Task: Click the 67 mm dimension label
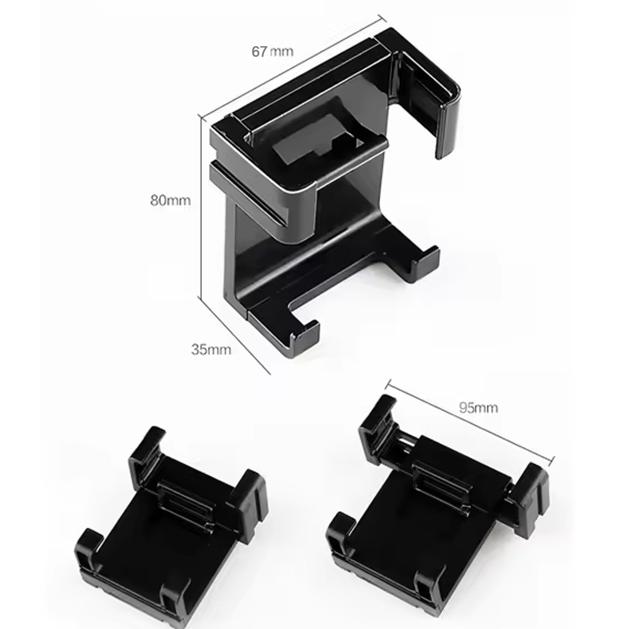tap(272, 51)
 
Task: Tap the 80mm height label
tap(170, 201)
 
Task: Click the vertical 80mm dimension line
tap(200, 205)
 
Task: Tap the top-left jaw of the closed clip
tap(146, 453)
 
